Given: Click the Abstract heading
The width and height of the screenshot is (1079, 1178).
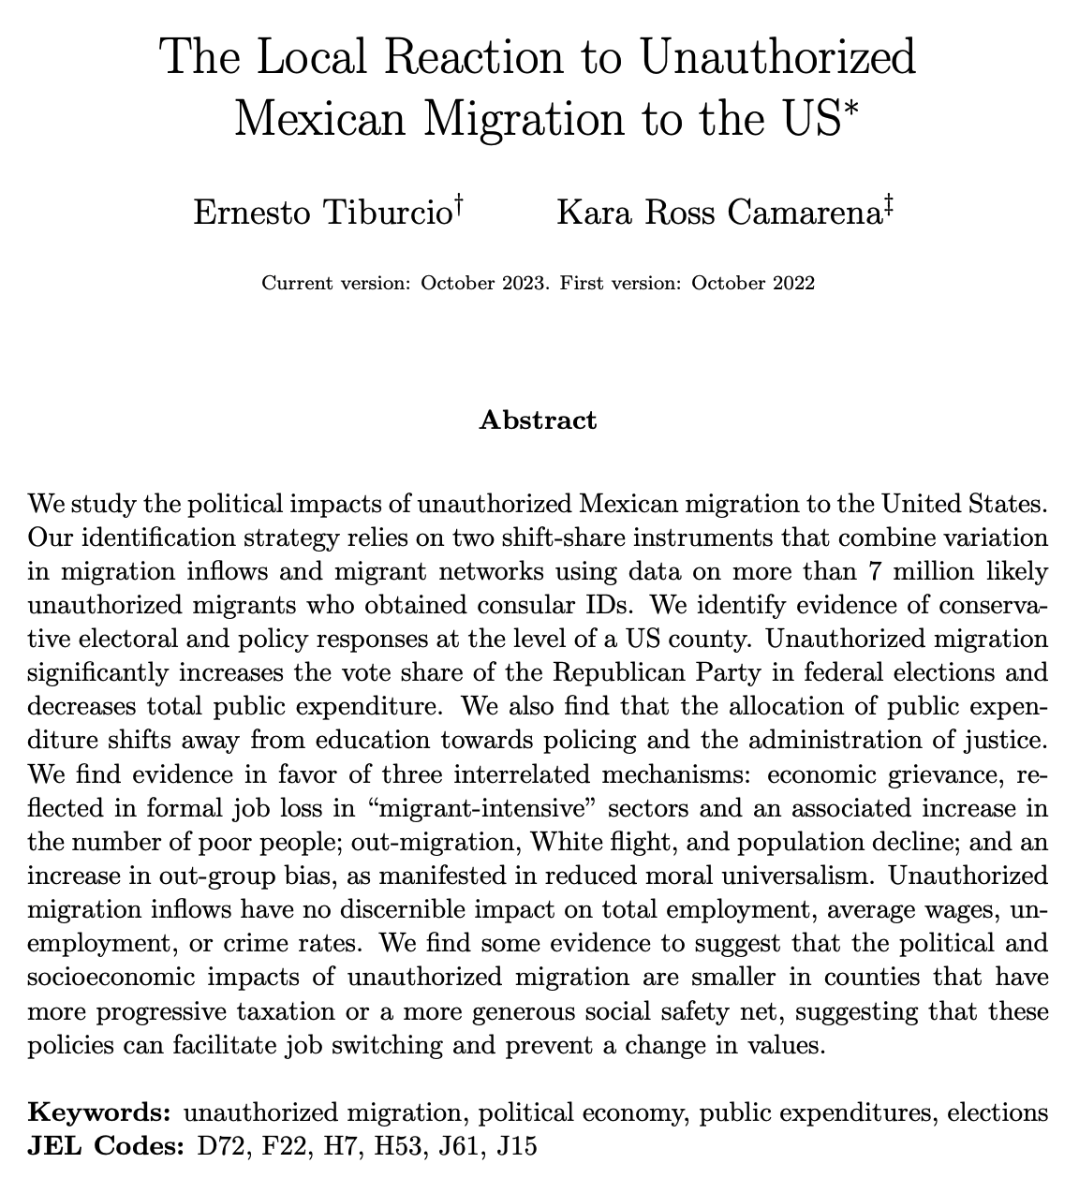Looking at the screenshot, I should point(537,420).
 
